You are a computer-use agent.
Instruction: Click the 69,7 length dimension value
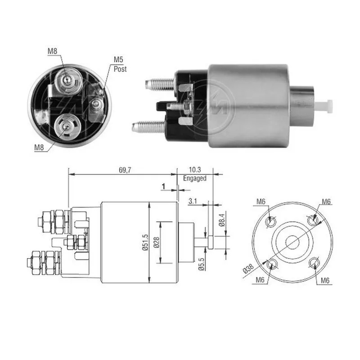tap(125, 170)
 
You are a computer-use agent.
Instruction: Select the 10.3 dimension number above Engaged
tap(195, 170)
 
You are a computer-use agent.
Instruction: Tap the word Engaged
tap(195, 179)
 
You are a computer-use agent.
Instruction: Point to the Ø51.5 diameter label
tap(145, 242)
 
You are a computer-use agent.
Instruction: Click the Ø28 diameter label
tap(156, 242)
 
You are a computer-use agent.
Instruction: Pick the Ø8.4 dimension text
tap(221, 220)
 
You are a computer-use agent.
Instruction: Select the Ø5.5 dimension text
tap(201, 264)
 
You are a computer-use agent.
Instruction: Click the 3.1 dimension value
tap(193, 201)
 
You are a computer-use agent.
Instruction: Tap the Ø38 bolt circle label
tap(248, 269)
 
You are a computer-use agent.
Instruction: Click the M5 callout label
tap(118, 60)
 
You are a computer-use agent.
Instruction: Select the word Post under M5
tap(120, 69)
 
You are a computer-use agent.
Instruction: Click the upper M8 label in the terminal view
tap(52, 51)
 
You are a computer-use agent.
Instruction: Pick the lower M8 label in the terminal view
tap(39, 147)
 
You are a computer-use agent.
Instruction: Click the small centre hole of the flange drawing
tap(292, 242)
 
